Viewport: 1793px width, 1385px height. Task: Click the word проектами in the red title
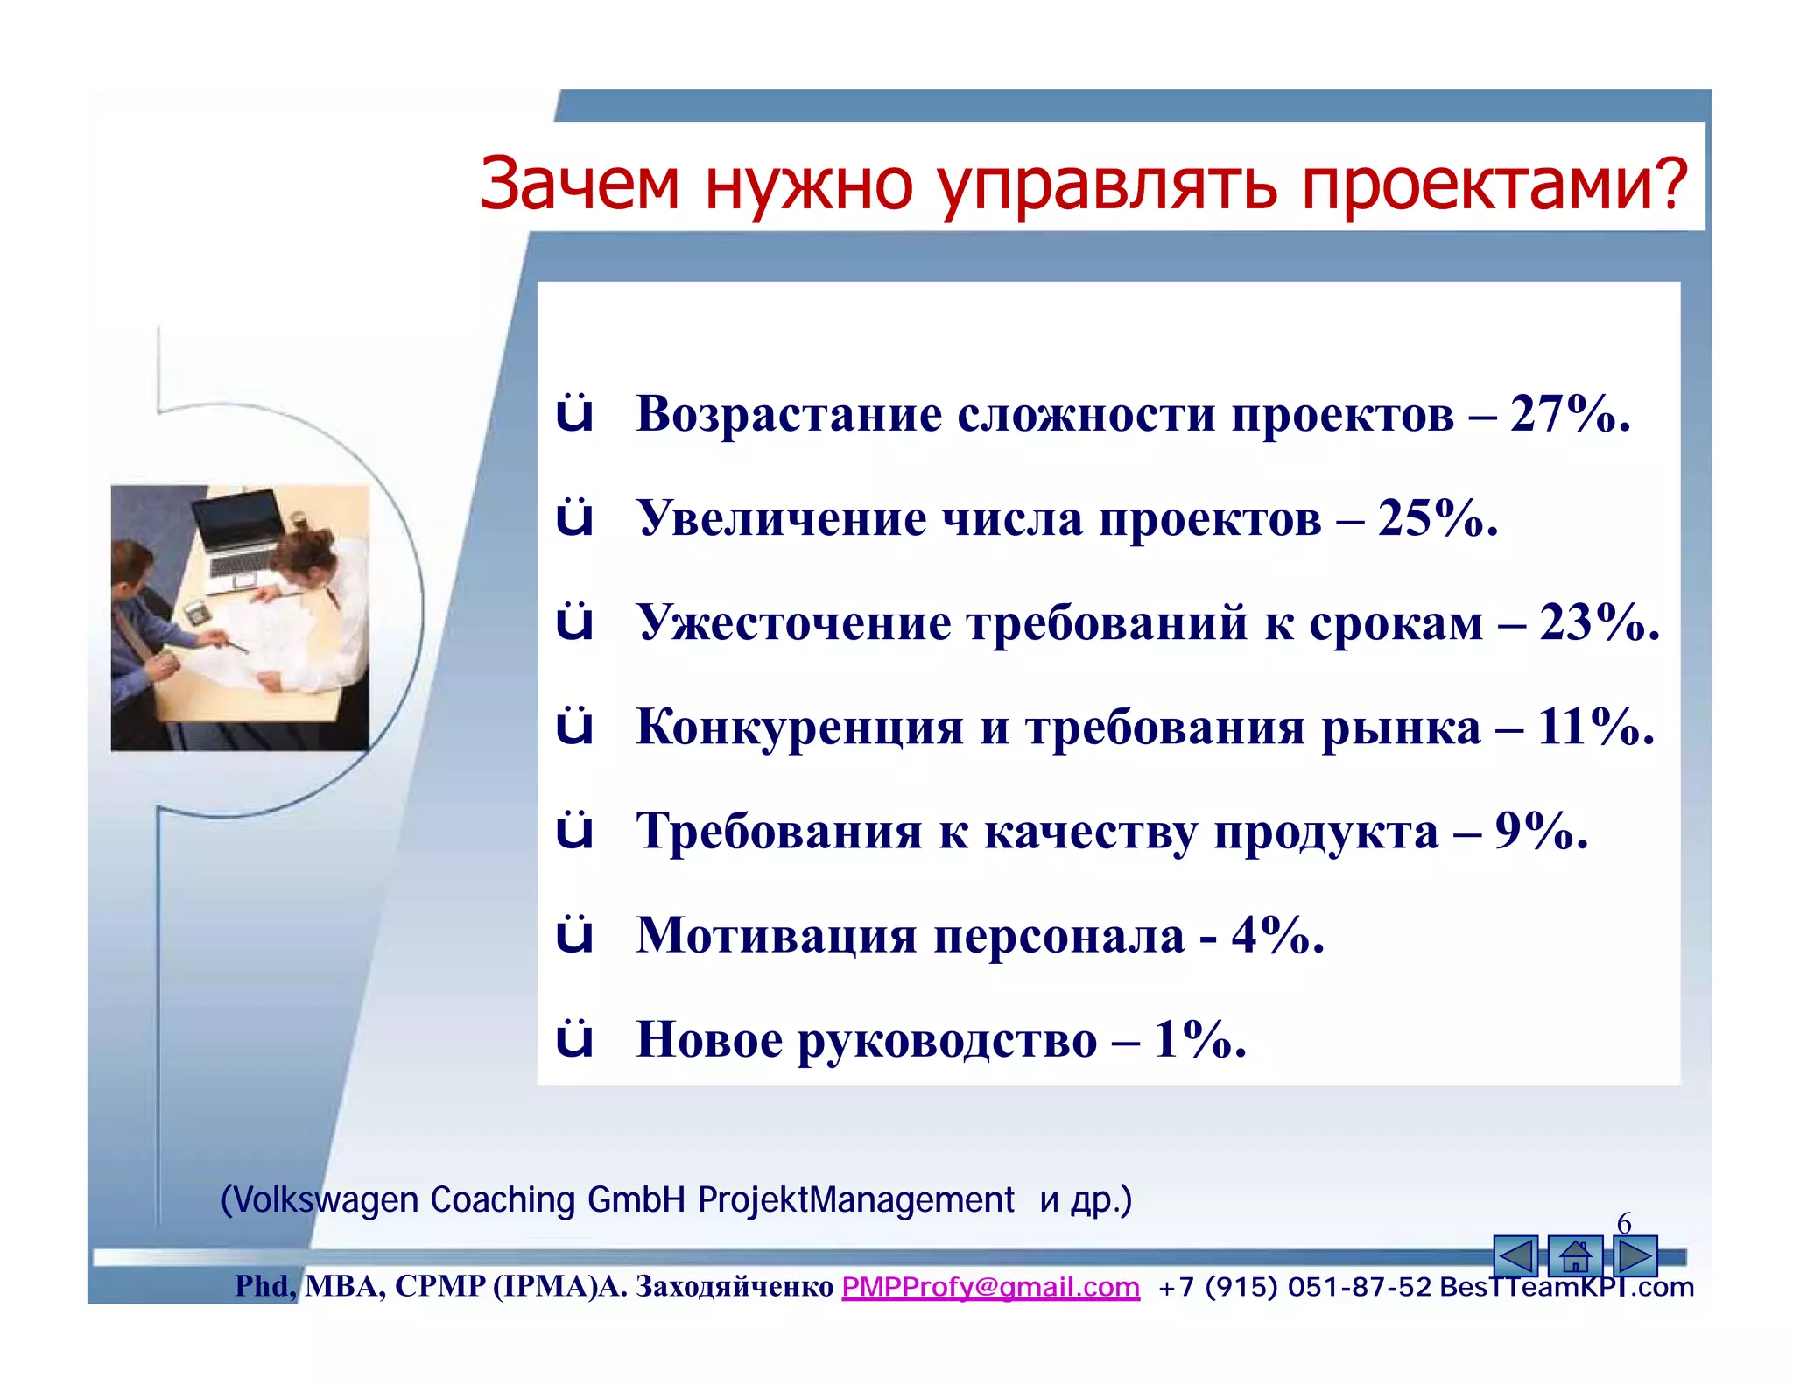pyautogui.click(x=1493, y=186)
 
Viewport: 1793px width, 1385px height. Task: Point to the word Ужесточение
pyautogui.click(x=794, y=622)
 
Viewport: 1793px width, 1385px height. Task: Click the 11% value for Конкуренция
pyautogui.click(x=1594, y=726)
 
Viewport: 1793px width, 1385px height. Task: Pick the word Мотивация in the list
pyautogui.click(x=776, y=935)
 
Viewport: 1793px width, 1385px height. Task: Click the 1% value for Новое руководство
pyautogui.click(x=1199, y=1039)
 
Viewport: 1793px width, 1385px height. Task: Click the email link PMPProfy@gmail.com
pyautogui.click(x=990, y=1287)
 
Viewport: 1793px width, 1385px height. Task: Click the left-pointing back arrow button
pyautogui.click(x=1515, y=1256)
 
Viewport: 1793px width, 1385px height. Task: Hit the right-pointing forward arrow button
pyautogui.click(x=1635, y=1256)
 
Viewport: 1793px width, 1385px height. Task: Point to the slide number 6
pyautogui.click(x=1624, y=1222)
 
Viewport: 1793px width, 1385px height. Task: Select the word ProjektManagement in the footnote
pyautogui.click(x=855, y=1199)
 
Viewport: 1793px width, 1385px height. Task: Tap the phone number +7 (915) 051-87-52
pyautogui.click(x=1294, y=1287)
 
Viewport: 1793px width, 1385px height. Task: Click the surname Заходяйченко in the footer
pyautogui.click(x=734, y=1286)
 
